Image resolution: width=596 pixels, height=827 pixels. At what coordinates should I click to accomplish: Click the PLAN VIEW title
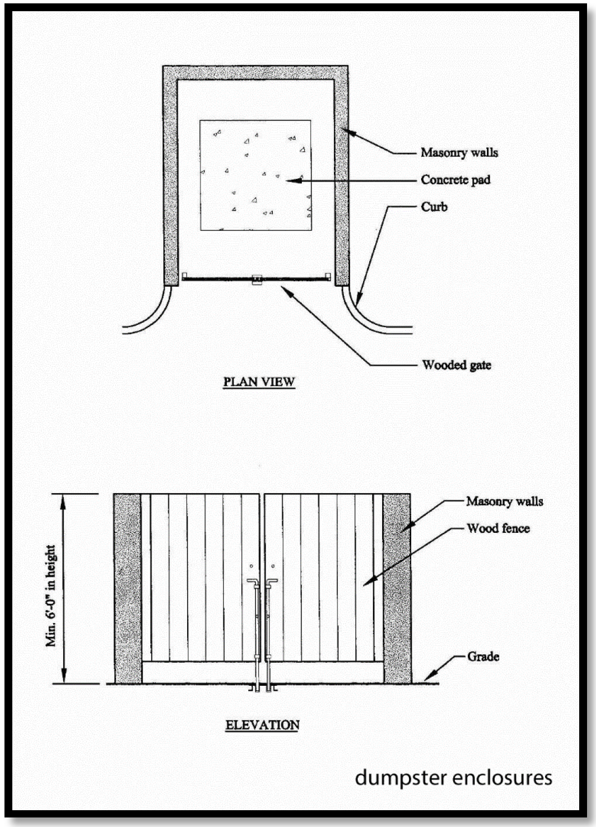click(x=259, y=382)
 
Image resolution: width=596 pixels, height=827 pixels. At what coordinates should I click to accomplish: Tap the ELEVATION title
click(x=262, y=725)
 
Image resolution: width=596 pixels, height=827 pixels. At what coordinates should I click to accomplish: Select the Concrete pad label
click(x=455, y=180)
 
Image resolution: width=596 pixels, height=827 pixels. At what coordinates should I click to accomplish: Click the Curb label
click(x=434, y=207)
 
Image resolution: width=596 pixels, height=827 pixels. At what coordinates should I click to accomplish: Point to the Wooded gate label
click(x=457, y=365)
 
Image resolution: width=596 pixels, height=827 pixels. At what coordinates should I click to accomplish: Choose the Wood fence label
click(x=498, y=528)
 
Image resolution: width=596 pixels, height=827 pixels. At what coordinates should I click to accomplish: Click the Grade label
click(x=483, y=657)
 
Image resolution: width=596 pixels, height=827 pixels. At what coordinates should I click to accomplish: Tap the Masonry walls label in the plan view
click(x=459, y=152)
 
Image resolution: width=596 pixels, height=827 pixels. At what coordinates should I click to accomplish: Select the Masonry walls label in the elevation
click(x=504, y=501)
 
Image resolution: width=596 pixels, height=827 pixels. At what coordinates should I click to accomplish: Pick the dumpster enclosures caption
click(x=453, y=778)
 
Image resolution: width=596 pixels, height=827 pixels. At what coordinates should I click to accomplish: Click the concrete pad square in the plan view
click(x=255, y=175)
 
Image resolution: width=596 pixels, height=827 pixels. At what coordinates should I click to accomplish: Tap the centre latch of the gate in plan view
click(x=257, y=279)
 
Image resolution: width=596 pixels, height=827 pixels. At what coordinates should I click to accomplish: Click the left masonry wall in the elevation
click(x=127, y=588)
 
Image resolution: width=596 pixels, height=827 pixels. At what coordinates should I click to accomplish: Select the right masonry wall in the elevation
click(x=397, y=588)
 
